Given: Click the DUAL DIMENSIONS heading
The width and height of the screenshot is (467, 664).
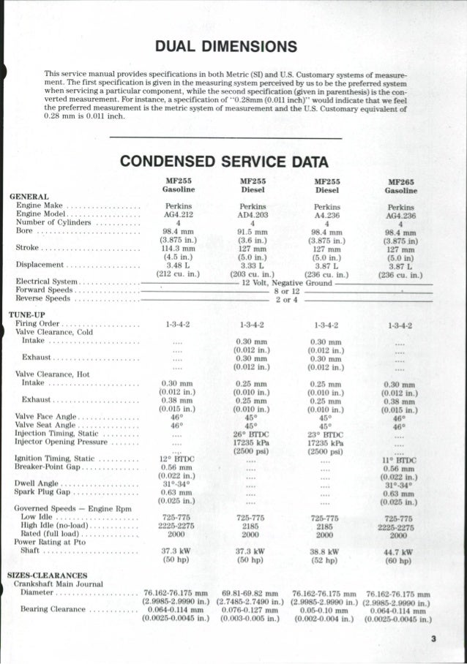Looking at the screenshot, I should (x=231, y=48).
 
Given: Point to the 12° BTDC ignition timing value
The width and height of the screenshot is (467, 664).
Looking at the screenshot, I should (x=173, y=458).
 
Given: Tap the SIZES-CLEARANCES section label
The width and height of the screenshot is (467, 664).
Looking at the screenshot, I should (x=48, y=575).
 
